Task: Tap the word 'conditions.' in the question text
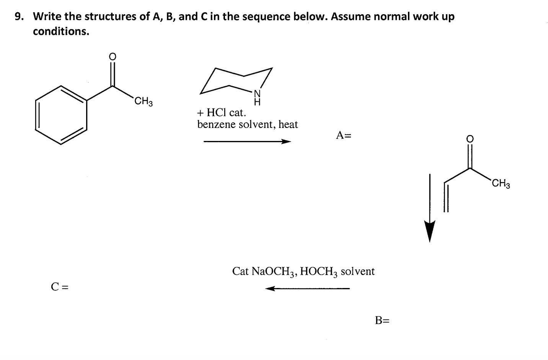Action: point(61,31)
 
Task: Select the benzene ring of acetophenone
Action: point(61,115)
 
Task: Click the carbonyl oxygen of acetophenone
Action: point(112,57)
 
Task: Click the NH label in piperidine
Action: point(258,98)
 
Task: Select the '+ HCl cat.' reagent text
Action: point(222,113)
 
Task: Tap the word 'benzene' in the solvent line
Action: point(217,124)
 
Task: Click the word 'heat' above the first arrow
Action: point(288,124)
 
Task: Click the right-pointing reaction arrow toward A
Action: point(247,142)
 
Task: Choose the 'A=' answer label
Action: point(344,135)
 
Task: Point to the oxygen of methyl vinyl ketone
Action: point(470,138)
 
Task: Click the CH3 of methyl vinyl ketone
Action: point(501,184)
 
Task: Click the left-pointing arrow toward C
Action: point(307,288)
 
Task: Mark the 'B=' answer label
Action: point(382,320)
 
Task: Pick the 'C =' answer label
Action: point(59,286)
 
